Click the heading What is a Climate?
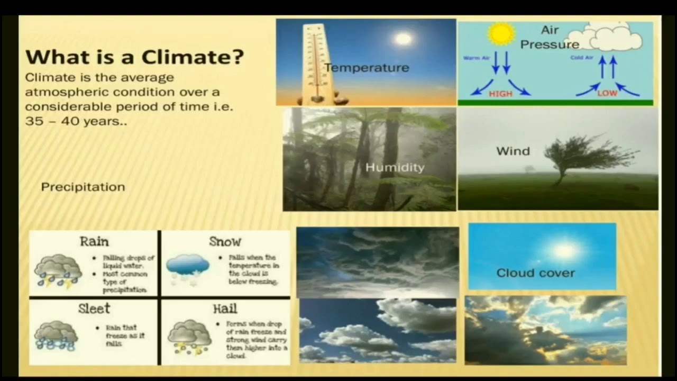point(135,57)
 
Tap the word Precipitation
point(83,187)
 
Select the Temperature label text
point(367,68)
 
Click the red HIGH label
point(500,94)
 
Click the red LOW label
point(607,94)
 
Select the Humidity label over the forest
point(395,168)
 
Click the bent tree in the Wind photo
point(582,156)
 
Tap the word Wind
point(513,151)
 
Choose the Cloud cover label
point(535,273)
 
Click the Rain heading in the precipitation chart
point(94,242)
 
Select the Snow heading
point(225,242)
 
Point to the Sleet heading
point(94,309)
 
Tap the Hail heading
point(225,309)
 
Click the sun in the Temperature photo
point(403,39)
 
